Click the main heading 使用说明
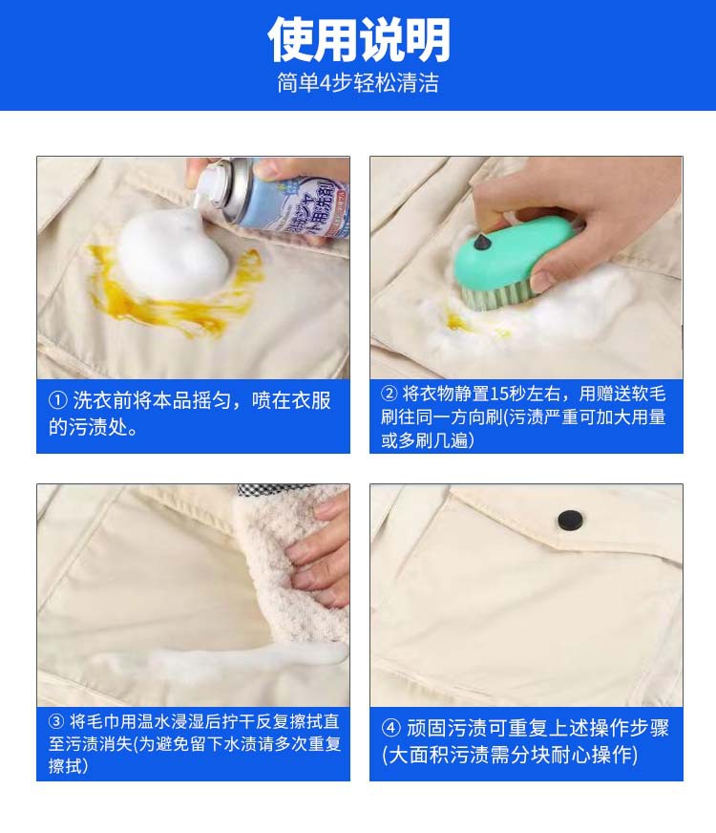click(x=358, y=40)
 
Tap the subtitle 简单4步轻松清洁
click(x=358, y=83)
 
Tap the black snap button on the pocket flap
click(x=570, y=519)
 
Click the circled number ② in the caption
click(x=390, y=394)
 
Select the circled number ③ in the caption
click(x=57, y=722)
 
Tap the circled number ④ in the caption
click(x=391, y=729)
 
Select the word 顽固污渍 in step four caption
click(x=445, y=729)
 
